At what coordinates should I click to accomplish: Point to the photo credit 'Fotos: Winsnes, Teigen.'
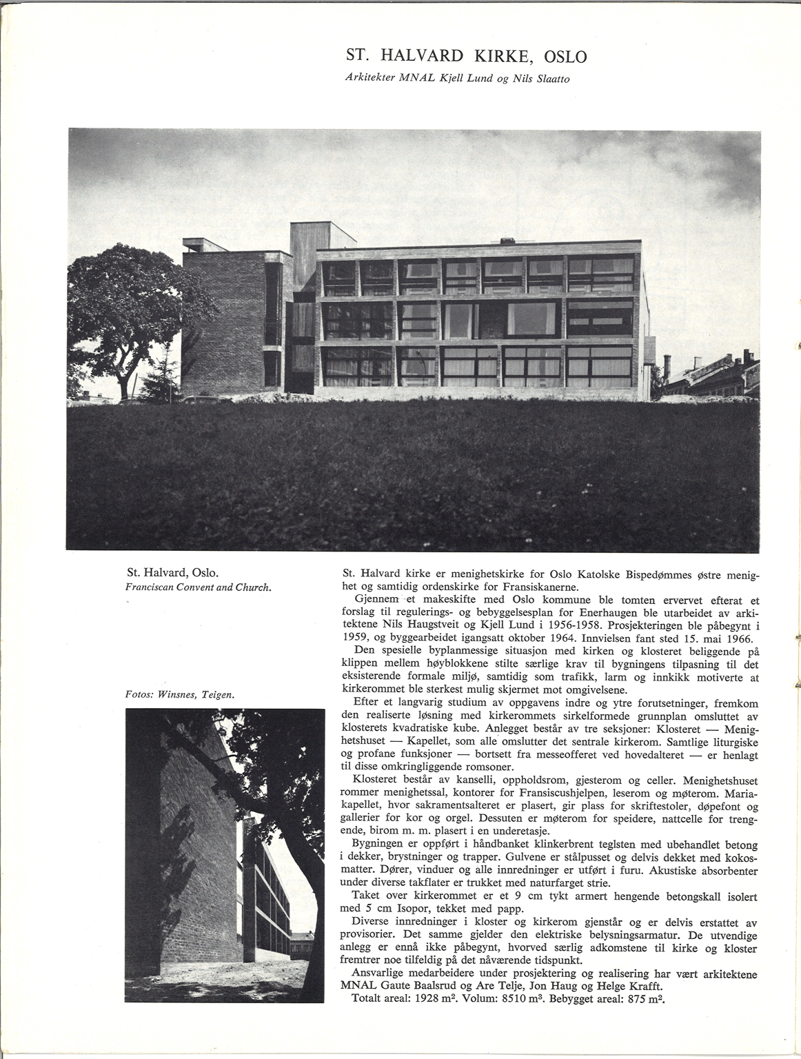[x=181, y=694]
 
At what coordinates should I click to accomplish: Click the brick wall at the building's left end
[x=223, y=324]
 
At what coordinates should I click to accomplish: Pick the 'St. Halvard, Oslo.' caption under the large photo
[x=172, y=573]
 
